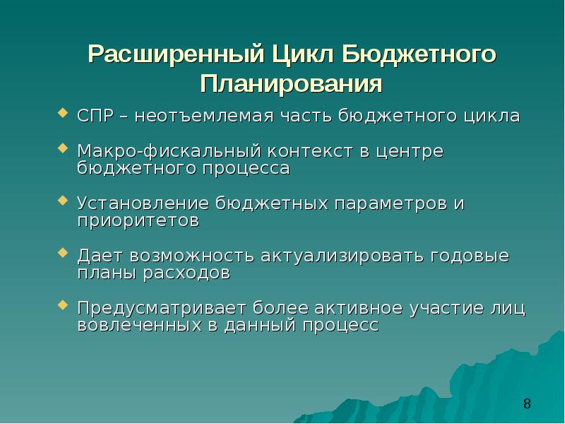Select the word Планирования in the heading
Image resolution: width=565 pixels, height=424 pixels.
click(x=291, y=85)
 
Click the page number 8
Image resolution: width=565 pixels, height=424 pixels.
click(x=527, y=404)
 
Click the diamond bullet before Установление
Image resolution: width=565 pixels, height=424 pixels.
click(x=63, y=201)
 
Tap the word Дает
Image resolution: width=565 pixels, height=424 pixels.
click(x=101, y=255)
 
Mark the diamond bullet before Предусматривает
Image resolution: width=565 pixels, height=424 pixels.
click(x=63, y=305)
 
